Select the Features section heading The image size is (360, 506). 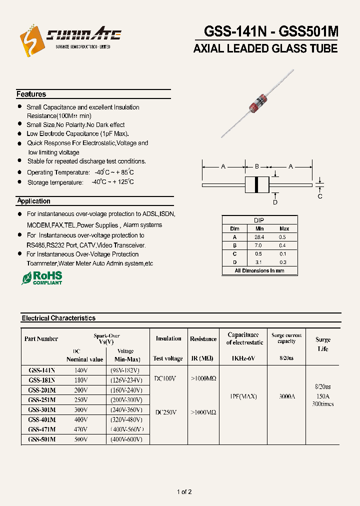click(x=31, y=94)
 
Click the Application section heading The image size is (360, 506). click(x=33, y=201)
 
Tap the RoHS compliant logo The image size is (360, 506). click(x=42, y=278)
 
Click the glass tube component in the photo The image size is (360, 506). click(x=256, y=102)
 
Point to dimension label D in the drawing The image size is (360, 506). click(x=274, y=202)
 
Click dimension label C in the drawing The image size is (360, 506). click(x=320, y=196)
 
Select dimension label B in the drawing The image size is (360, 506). click(x=256, y=166)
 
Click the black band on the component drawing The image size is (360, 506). click(x=257, y=184)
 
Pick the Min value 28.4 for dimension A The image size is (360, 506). click(x=259, y=237)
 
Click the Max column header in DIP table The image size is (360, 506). click(x=284, y=228)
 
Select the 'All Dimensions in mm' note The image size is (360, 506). click(x=259, y=270)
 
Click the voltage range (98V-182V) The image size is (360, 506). click(x=124, y=370)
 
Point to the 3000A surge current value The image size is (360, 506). click(x=286, y=396)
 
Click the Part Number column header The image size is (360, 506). click(x=41, y=338)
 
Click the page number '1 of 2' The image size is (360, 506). click(x=184, y=492)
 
